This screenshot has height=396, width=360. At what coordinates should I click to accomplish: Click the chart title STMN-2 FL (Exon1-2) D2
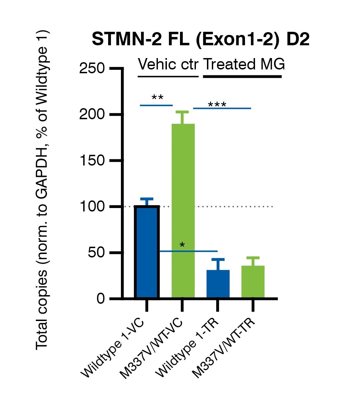(x=200, y=40)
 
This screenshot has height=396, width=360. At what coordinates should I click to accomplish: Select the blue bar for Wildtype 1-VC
(x=146, y=252)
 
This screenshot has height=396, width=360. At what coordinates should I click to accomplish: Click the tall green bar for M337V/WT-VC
(x=183, y=211)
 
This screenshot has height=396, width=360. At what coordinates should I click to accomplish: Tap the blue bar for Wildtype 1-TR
(x=218, y=284)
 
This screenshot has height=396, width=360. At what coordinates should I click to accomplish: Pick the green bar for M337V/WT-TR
(x=253, y=282)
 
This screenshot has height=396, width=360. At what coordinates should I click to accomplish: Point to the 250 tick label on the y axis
(x=92, y=68)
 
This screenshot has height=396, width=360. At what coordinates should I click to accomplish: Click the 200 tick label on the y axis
(x=92, y=114)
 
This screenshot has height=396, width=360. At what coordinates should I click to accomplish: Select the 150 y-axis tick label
(x=92, y=161)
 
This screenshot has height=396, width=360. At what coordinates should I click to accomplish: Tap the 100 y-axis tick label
(x=92, y=207)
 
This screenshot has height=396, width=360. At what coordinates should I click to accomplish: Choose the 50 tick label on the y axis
(x=96, y=253)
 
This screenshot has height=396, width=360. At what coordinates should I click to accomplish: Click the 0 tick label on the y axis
(x=101, y=299)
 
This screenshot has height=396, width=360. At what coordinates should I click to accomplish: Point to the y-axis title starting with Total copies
(x=43, y=190)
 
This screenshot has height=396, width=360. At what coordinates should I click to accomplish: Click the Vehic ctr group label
(x=168, y=65)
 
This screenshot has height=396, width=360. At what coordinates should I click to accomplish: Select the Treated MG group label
(x=244, y=65)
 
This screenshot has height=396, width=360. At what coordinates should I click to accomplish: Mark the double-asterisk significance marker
(x=158, y=98)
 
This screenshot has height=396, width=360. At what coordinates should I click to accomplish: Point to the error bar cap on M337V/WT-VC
(x=183, y=112)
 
